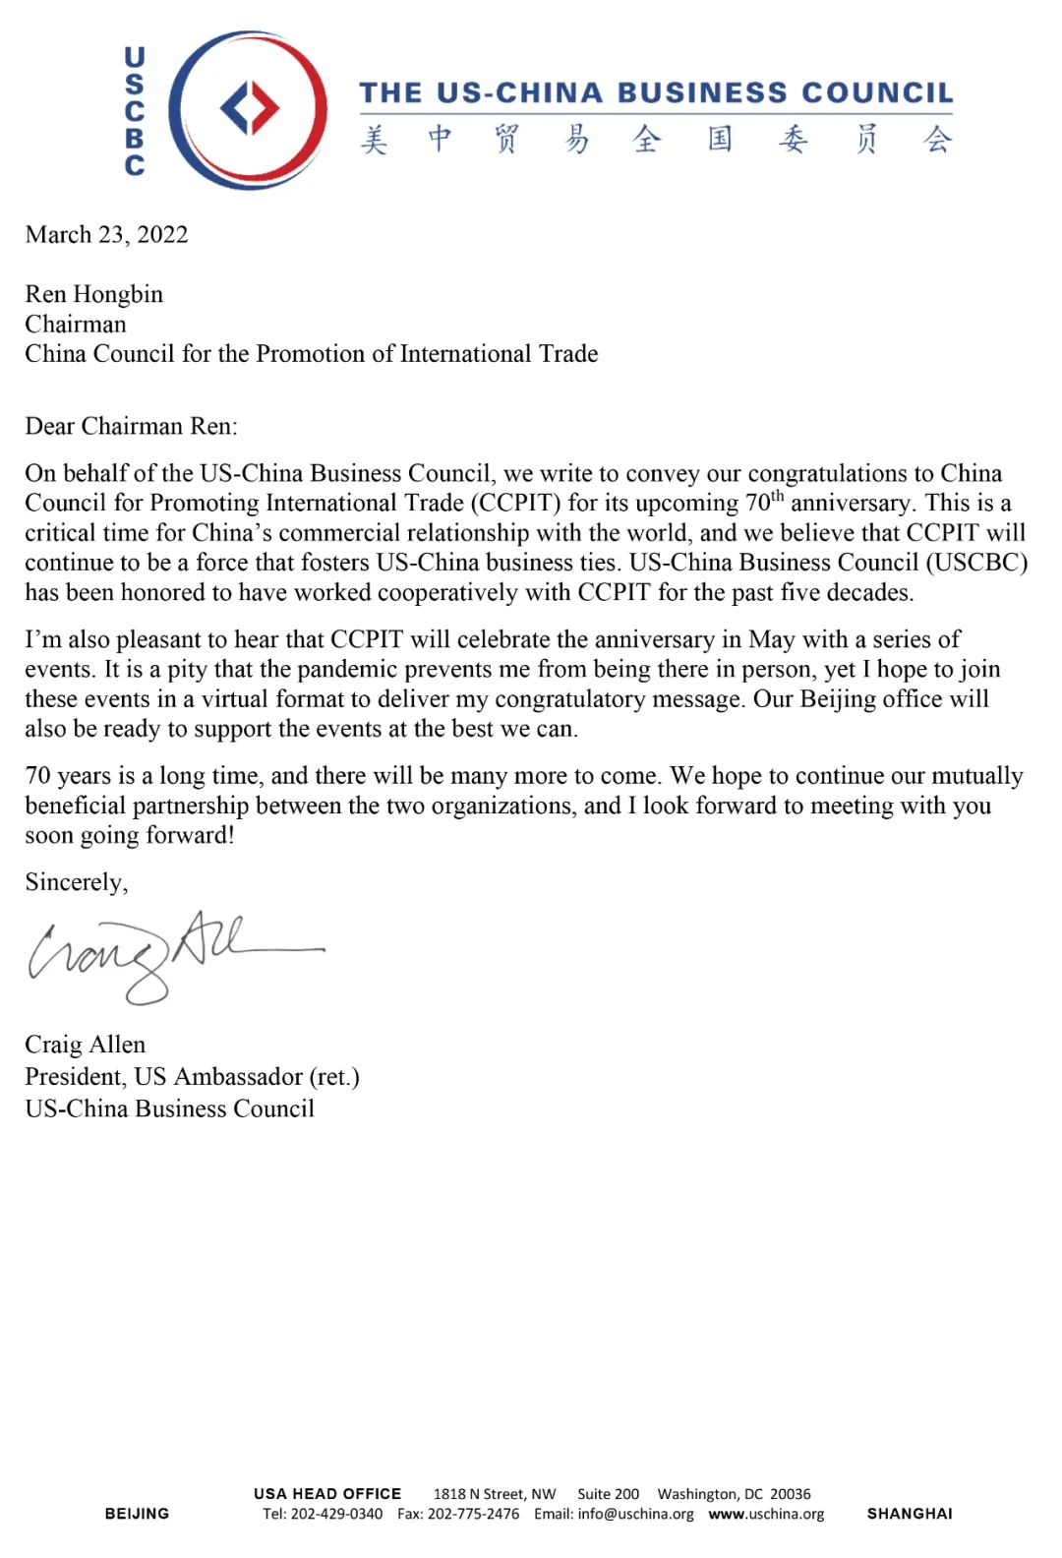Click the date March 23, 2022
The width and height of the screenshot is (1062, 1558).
click(106, 235)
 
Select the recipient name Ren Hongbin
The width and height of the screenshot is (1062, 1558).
click(94, 294)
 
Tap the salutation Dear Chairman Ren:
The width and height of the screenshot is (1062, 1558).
click(131, 426)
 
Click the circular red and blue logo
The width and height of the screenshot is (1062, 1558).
click(249, 109)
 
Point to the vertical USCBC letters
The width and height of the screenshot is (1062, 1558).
click(135, 111)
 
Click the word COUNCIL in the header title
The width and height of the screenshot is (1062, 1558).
click(877, 93)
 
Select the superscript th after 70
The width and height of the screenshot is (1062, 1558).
click(777, 496)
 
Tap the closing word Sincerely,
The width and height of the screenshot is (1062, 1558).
click(77, 882)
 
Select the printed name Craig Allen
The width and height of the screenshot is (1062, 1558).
click(86, 1045)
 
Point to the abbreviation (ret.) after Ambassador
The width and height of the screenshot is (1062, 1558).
click(334, 1077)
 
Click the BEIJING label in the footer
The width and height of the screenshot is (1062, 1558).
click(137, 1514)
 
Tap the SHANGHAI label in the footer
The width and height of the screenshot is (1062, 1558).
click(910, 1514)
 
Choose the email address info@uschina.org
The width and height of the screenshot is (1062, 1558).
click(635, 1514)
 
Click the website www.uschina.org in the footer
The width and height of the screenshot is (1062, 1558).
click(766, 1514)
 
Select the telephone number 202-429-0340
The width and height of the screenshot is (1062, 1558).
click(336, 1514)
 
